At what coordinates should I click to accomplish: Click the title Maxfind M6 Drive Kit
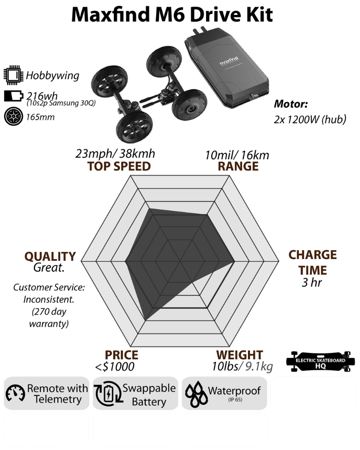click(171, 14)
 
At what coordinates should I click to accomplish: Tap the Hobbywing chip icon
click(13, 76)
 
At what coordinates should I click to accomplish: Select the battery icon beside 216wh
click(13, 96)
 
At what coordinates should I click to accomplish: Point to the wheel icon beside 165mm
click(13, 117)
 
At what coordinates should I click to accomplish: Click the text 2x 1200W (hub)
click(310, 119)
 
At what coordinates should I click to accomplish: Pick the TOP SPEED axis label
click(119, 166)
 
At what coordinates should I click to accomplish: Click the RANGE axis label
click(238, 166)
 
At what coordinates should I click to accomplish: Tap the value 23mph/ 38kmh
click(115, 154)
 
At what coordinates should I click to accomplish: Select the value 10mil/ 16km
click(237, 155)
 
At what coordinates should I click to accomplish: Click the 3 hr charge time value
click(311, 283)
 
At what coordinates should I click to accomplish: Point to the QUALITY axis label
click(50, 256)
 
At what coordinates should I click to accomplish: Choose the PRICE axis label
click(121, 355)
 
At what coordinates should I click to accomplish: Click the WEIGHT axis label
click(239, 355)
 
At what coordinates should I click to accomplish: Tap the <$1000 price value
click(115, 367)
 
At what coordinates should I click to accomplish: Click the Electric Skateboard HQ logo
click(320, 361)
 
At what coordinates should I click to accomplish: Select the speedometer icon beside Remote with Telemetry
click(15, 393)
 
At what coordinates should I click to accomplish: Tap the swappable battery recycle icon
click(108, 393)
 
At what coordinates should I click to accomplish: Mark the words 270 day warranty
click(49, 317)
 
